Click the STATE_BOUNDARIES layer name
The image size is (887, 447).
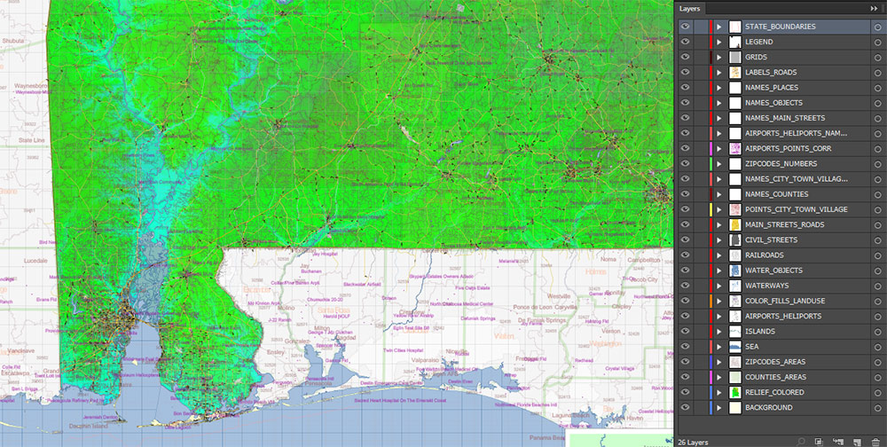(x=780, y=27)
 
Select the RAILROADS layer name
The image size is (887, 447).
(x=765, y=255)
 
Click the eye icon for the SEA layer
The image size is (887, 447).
(x=685, y=347)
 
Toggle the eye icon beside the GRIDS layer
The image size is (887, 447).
(x=685, y=57)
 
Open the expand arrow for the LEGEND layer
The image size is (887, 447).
(x=719, y=42)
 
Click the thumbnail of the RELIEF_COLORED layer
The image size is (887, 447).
(x=735, y=392)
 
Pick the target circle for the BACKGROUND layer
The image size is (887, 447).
(x=876, y=408)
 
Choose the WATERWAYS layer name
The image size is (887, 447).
(x=767, y=286)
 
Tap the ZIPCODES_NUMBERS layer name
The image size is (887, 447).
(x=781, y=164)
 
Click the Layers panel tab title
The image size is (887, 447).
(x=690, y=8)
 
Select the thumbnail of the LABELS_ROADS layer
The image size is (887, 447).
(x=735, y=73)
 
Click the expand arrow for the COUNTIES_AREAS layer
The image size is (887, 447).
(x=719, y=377)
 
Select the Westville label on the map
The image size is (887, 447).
(x=560, y=296)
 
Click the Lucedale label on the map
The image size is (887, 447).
(x=30, y=262)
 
